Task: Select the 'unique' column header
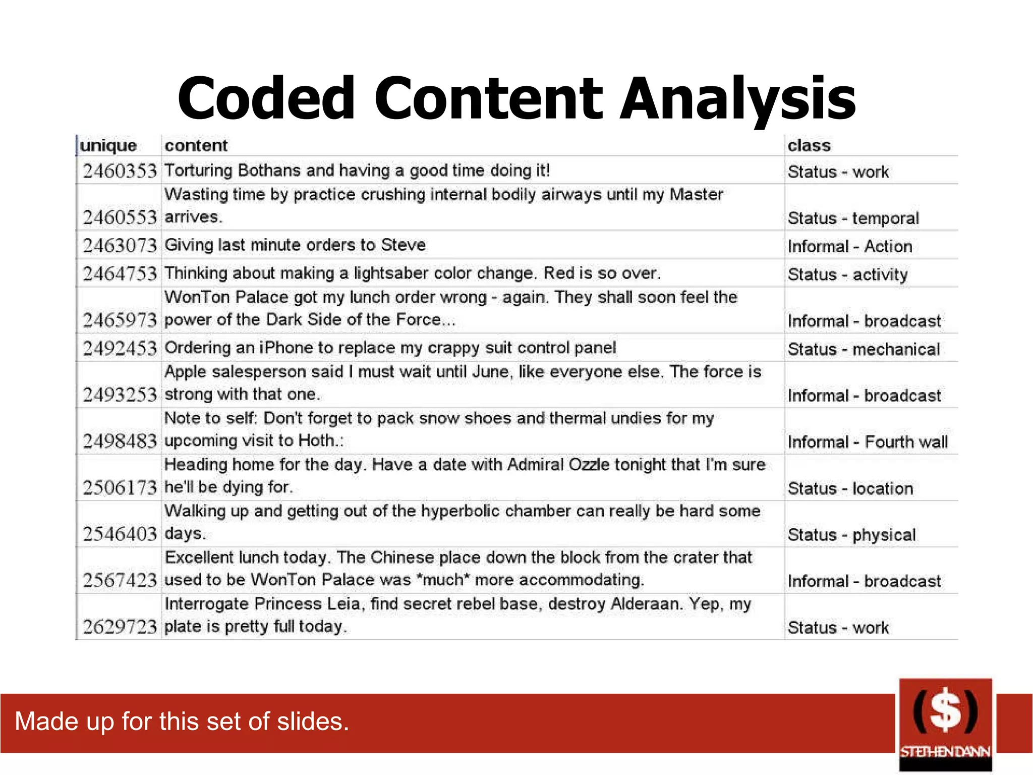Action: [108, 146]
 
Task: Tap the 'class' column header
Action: [809, 146]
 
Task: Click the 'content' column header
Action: [196, 146]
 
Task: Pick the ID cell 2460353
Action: [120, 171]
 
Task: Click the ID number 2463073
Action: [120, 246]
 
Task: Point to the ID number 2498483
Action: [120, 441]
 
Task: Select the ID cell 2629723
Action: [120, 627]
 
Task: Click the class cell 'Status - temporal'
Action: [853, 218]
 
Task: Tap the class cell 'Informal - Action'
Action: [850, 247]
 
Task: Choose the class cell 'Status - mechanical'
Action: [864, 349]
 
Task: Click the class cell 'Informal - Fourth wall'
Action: [868, 442]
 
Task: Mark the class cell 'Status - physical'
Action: [851, 535]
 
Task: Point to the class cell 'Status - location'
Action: [850, 488]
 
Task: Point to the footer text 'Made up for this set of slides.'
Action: [182, 722]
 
